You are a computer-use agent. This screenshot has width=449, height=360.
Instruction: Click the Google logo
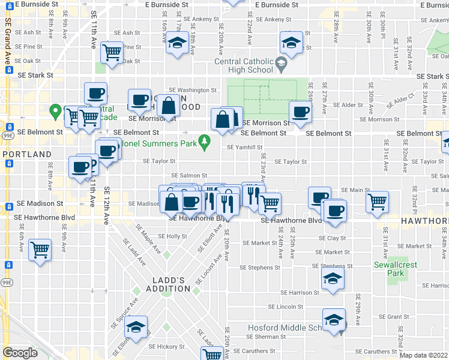[x=20, y=353]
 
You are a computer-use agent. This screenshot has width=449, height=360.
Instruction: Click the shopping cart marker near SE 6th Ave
[x=40, y=248]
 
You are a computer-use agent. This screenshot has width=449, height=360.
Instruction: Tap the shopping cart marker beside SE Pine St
[x=112, y=52]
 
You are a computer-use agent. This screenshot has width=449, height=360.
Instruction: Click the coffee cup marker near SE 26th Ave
[x=301, y=110]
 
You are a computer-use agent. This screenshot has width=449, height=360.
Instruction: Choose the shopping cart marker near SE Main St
[x=377, y=200]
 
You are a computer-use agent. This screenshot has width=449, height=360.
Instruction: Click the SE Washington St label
[x=192, y=90]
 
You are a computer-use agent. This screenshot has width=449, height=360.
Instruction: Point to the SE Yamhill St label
[x=245, y=147]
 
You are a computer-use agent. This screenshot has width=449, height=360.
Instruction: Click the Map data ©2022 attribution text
[x=423, y=355]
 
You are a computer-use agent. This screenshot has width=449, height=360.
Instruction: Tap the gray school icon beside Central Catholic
[x=280, y=62]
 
